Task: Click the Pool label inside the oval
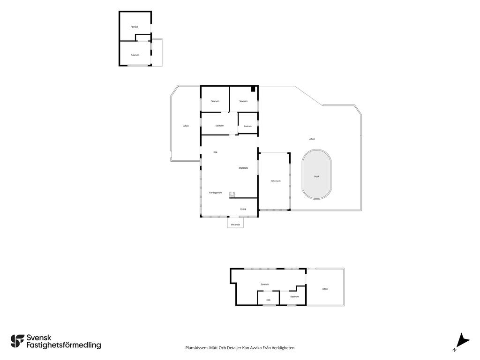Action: [x=316, y=177]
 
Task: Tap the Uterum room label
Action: [x=276, y=181]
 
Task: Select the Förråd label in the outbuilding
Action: [x=134, y=27]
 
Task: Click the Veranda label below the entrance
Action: [x=235, y=225]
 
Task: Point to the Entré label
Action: [x=243, y=209]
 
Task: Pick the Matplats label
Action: [x=243, y=168]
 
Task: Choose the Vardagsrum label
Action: [x=215, y=193]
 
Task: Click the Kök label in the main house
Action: [x=216, y=152]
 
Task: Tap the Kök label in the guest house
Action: [x=269, y=300]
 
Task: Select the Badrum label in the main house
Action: [x=247, y=126]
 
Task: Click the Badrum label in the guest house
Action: [x=294, y=296]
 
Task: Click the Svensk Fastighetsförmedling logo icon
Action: [x=17, y=341]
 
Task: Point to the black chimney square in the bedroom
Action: [x=253, y=89]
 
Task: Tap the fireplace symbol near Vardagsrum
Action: [x=232, y=194]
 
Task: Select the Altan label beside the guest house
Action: [x=325, y=289]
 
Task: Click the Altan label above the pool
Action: [x=312, y=139]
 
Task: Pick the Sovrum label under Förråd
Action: [x=135, y=55]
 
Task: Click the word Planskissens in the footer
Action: [x=197, y=348]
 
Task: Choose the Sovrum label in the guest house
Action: [x=264, y=285]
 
